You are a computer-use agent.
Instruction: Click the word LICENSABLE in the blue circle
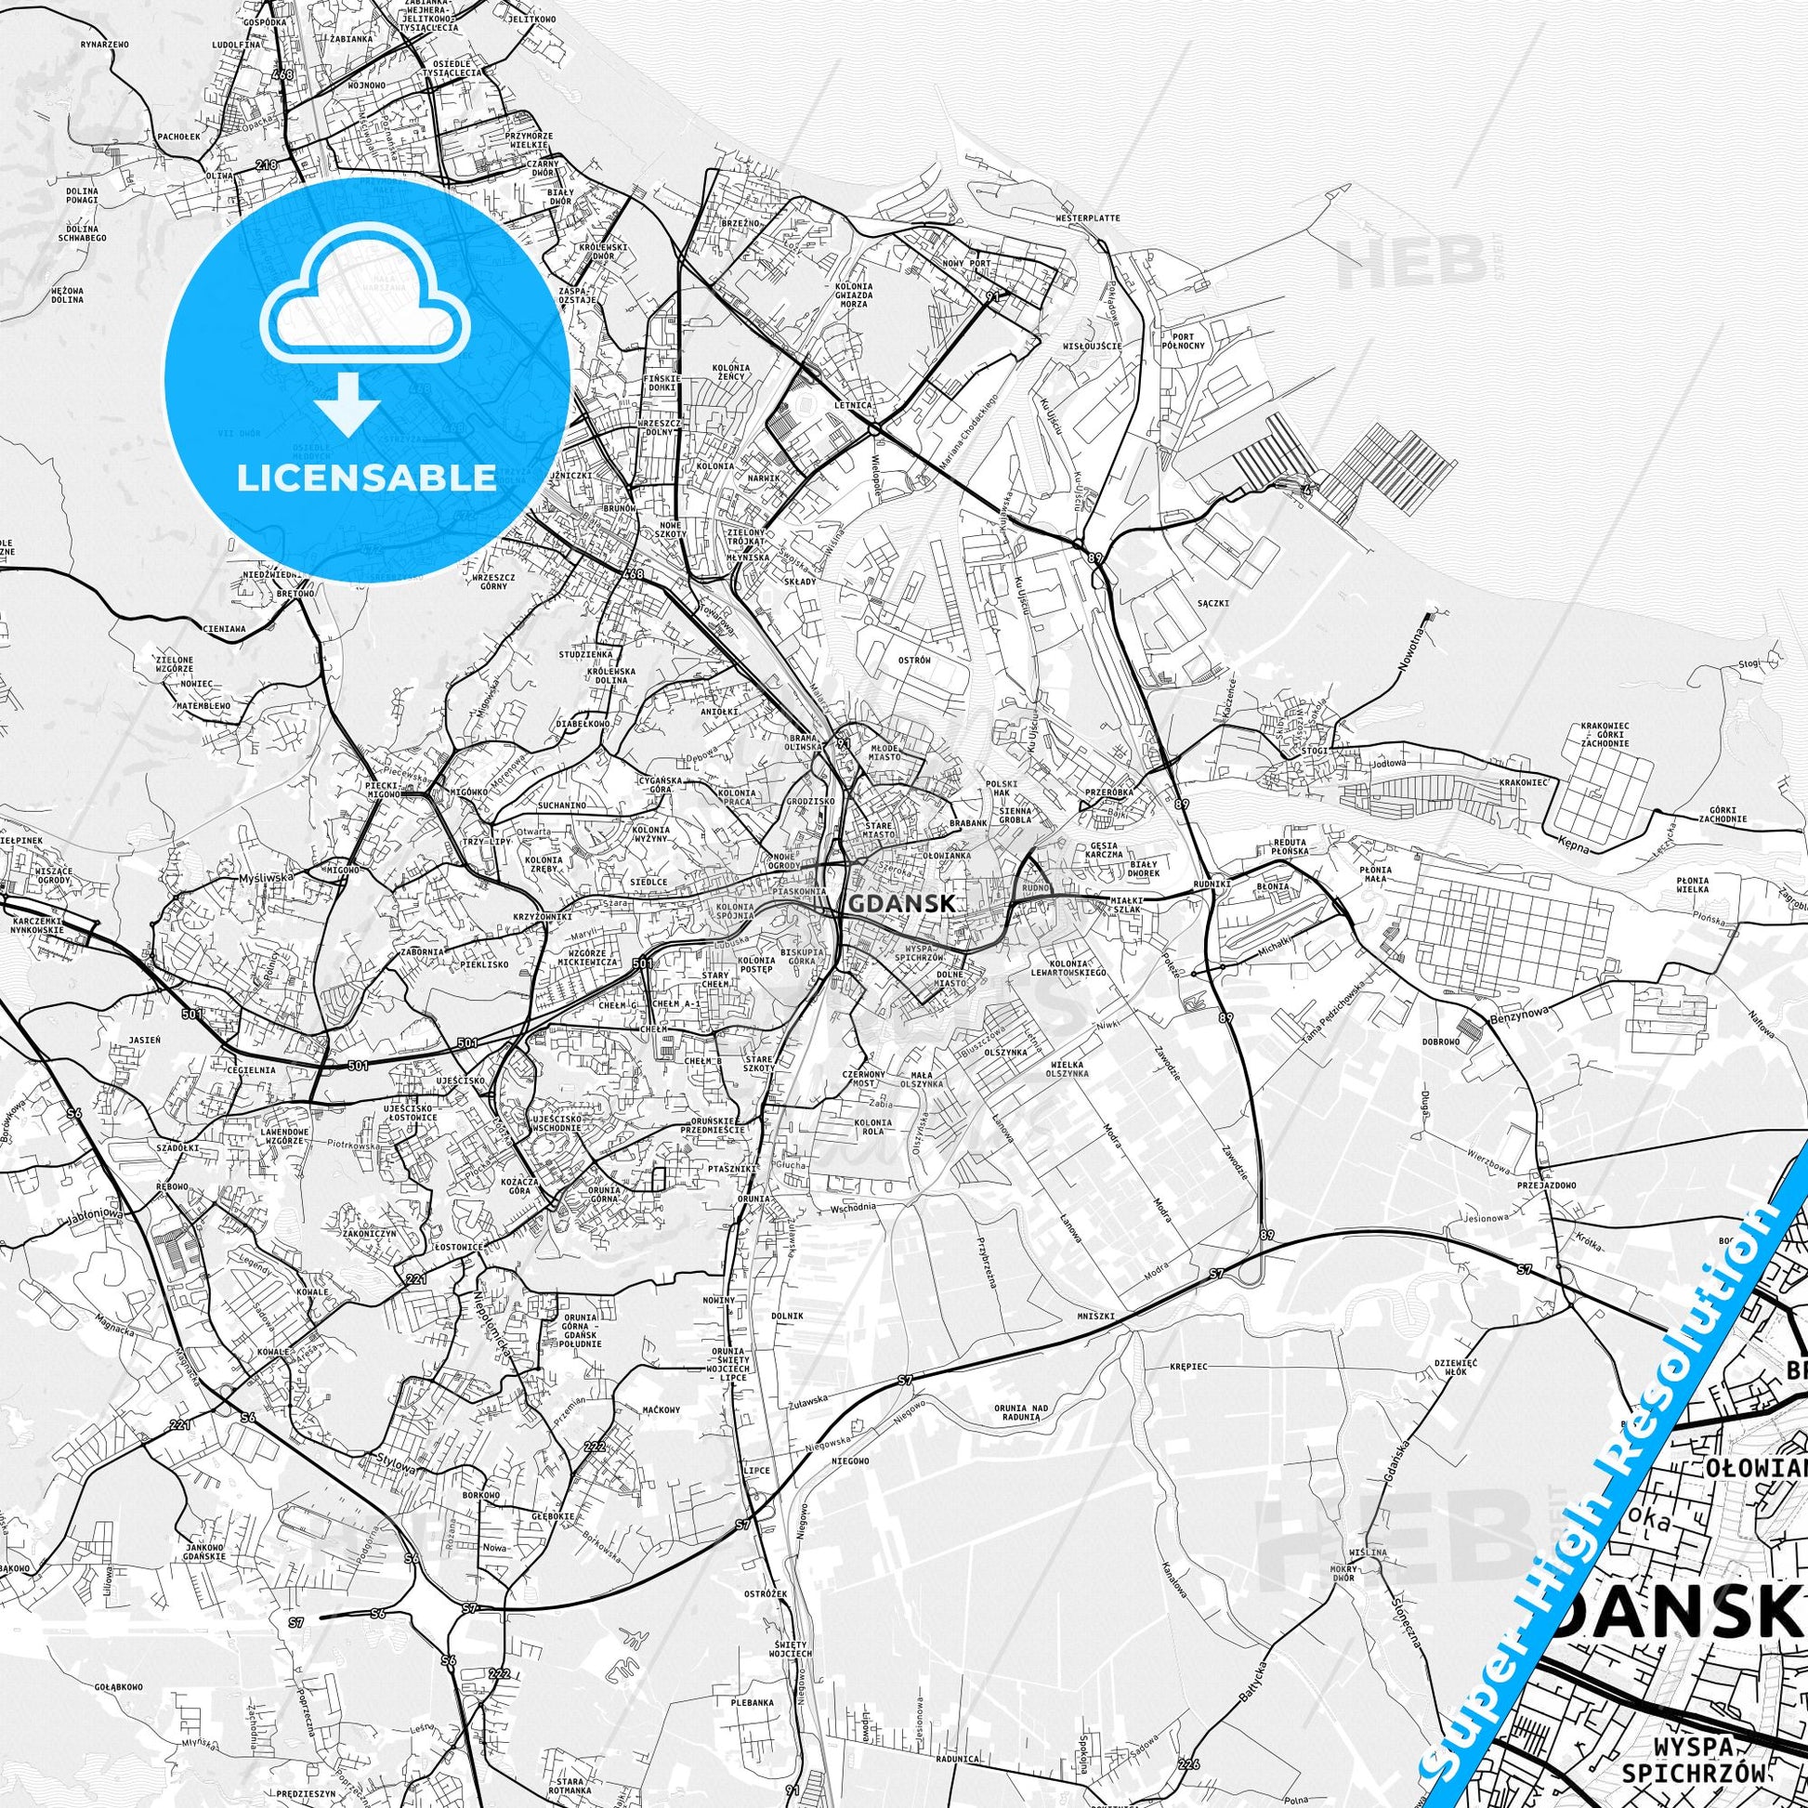(367, 478)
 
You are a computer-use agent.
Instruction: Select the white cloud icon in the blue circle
(367, 308)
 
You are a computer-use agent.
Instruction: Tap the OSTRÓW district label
(914, 661)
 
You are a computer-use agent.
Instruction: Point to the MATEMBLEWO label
(205, 703)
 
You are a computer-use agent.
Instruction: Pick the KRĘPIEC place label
(1188, 1366)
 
